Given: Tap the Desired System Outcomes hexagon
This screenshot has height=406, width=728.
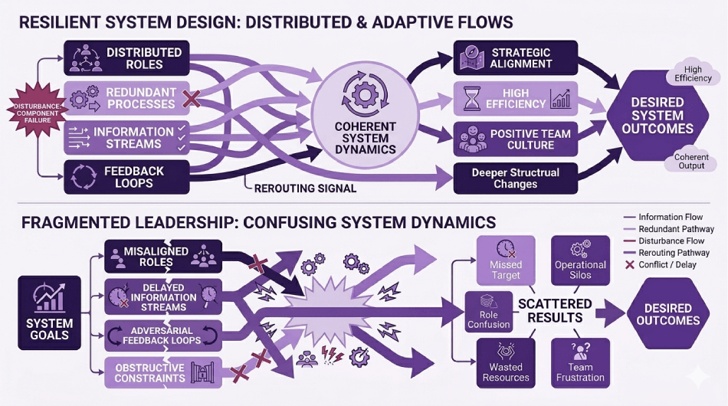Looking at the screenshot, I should [657, 116].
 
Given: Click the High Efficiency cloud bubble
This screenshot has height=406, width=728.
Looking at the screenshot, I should [693, 73].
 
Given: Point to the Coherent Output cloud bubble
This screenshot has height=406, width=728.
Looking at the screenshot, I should [690, 161].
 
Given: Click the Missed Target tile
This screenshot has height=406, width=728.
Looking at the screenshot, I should [506, 260].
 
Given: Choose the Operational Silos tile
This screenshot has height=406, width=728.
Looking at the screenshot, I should [580, 260].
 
